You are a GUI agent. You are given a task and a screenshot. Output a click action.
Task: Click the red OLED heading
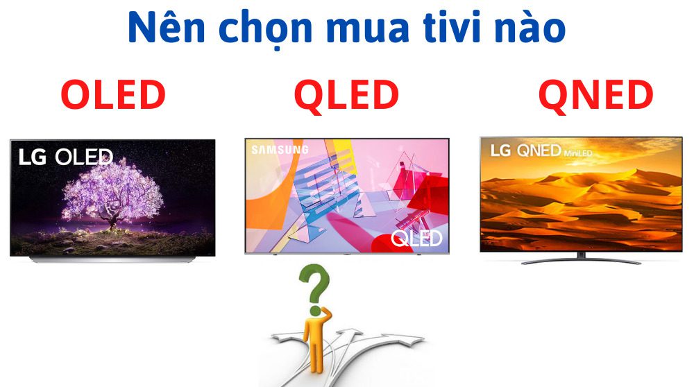[x=112, y=95]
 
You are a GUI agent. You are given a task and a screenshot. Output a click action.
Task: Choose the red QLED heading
[x=346, y=95]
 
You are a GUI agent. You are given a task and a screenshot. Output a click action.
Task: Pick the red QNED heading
[x=595, y=95]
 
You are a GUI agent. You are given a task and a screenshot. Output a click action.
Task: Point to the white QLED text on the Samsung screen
[x=416, y=239]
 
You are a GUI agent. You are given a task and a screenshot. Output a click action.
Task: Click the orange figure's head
[x=316, y=311]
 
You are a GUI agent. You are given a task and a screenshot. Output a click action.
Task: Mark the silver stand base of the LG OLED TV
[x=111, y=259]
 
